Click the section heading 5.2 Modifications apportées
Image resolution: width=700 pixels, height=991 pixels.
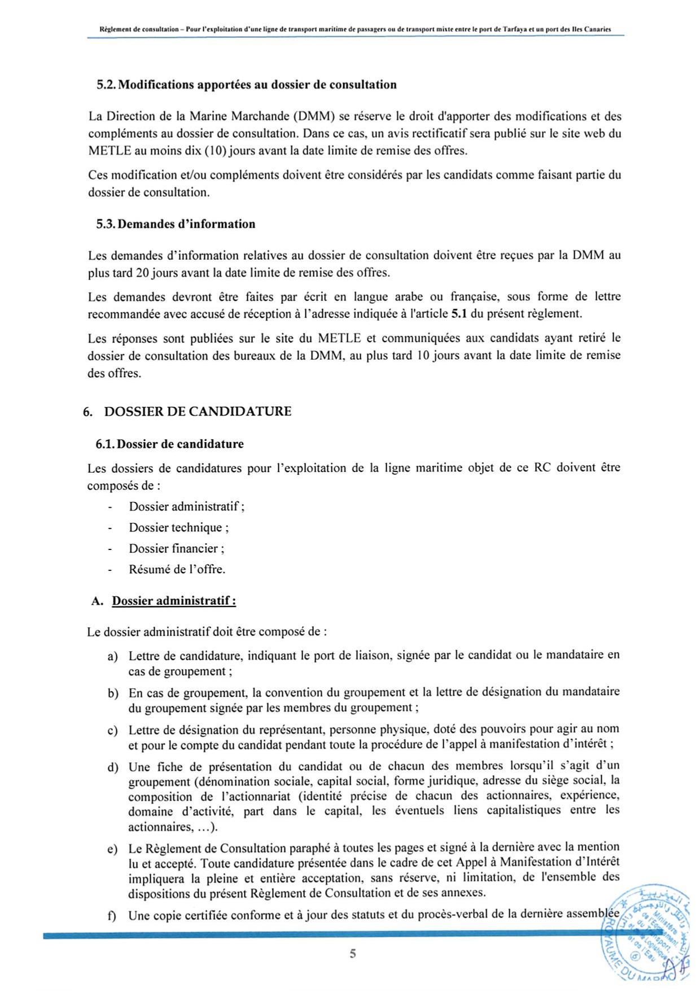(246, 85)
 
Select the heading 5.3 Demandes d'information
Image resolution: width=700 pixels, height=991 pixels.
(176, 224)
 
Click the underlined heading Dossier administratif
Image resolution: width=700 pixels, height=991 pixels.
(174, 601)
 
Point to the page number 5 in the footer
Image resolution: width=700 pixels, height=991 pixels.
(353, 954)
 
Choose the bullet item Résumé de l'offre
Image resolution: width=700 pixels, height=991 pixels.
(177, 569)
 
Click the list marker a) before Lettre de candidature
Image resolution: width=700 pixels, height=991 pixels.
(113, 657)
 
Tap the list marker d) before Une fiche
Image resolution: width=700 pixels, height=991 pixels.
(113, 767)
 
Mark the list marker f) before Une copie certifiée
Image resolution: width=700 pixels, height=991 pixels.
(112, 916)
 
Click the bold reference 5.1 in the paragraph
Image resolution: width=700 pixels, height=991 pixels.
(458, 313)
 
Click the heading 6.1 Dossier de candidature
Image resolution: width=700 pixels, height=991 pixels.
(169, 444)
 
